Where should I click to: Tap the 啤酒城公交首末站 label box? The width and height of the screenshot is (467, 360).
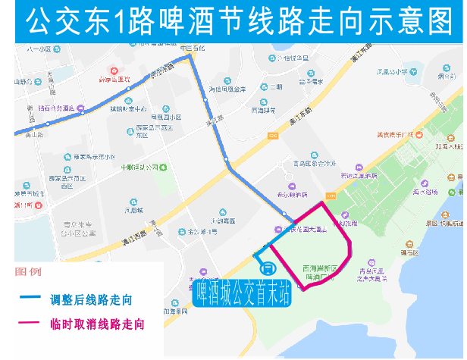[242, 291]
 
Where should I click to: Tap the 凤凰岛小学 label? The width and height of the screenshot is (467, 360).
[392, 73]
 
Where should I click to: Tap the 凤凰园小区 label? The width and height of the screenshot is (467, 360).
[165, 117]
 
